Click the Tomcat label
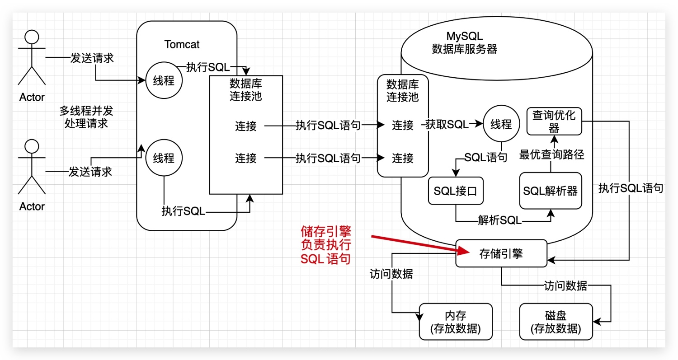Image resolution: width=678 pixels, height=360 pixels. coord(182,45)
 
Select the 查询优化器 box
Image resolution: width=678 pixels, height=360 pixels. coord(554,121)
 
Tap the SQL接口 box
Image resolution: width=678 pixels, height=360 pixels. coord(455,191)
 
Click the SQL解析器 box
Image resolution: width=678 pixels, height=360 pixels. coord(550,191)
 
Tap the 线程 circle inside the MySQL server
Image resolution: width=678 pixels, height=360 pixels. coord(501,124)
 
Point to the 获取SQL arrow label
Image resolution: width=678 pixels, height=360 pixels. coord(447,125)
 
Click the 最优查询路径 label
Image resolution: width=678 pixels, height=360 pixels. coord(552,155)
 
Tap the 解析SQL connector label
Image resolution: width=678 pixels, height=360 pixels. coord(499,221)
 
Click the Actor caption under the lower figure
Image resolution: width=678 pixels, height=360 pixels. coord(32,206)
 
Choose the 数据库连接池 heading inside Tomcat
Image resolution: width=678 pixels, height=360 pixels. coord(245,89)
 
